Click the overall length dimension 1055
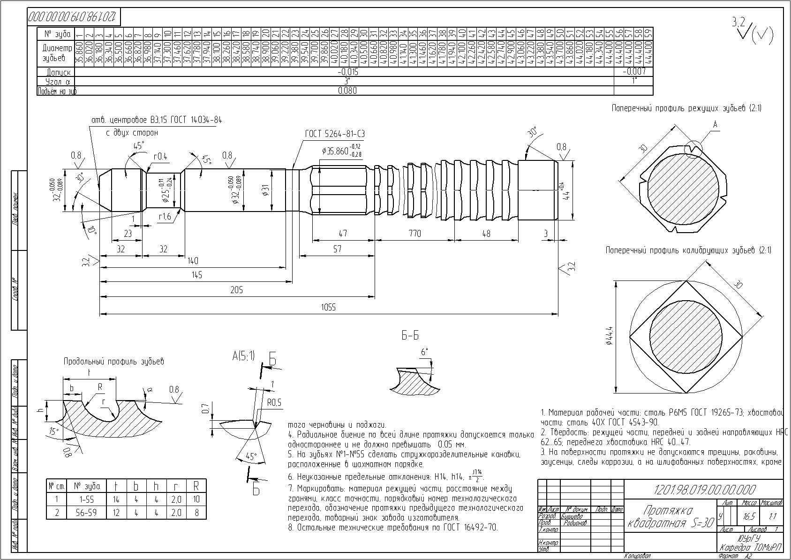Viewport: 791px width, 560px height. coord(328,308)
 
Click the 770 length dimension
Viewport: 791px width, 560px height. coord(414,234)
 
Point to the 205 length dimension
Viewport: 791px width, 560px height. coord(237,290)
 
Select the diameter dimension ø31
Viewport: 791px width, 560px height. coord(265,190)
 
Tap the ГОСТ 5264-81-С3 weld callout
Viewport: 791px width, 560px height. coord(335,134)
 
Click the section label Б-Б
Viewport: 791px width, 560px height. coord(410,336)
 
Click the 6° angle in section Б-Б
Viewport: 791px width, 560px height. coord(424,352)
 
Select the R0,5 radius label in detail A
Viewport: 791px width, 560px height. coord(274,403)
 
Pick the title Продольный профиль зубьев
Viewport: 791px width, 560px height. coord(114,362)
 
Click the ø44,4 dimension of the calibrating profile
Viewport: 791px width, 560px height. coord(609,336)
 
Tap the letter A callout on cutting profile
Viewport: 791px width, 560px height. coord(715,124)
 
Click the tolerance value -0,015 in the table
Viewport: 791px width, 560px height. coord(347,72)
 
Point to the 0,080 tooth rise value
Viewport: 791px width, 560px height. coord(347,91)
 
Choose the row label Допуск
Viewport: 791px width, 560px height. coord(59,73)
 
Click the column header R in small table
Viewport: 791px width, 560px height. coord(196,486)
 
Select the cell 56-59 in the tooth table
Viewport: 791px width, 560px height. coord(85,513)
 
